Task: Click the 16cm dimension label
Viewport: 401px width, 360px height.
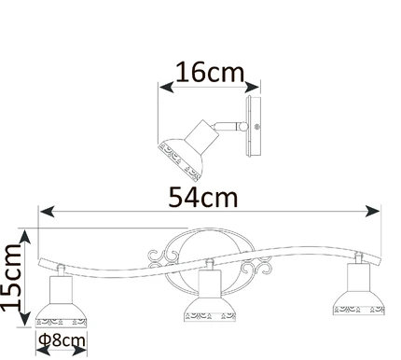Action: click(x=210, y=72)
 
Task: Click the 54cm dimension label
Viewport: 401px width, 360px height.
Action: click(x=203, y=197)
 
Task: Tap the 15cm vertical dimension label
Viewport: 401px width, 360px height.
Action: click(x=12, y=277)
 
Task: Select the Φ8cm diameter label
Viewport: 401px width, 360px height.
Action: click(x=62, y=340)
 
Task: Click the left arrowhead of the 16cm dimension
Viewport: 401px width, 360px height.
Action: click(x=166, y=88)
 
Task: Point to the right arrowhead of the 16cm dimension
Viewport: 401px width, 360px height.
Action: click(x=252, y=88)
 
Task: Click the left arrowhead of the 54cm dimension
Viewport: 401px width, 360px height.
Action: click(x=48, y=212)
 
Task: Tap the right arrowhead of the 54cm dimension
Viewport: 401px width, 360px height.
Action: click(x=372, y=212)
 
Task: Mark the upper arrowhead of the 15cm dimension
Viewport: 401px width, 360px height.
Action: click(x=25, y=237)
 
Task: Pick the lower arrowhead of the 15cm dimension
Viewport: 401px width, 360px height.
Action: click(x=25, y=319)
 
